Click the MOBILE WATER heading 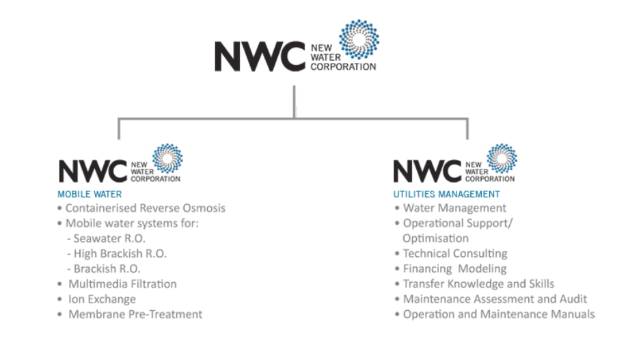[x=90, y=194]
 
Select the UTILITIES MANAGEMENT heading [x=446, y=194]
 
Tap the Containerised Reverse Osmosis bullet [x=145, y=208]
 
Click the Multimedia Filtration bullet [x=122, y=283]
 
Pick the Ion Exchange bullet [x=102, y=299]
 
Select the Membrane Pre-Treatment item [x=135, y=314]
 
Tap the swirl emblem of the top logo [x=359, y=40]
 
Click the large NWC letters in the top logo [x=260, y=57]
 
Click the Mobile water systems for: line [x=132, y=223]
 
